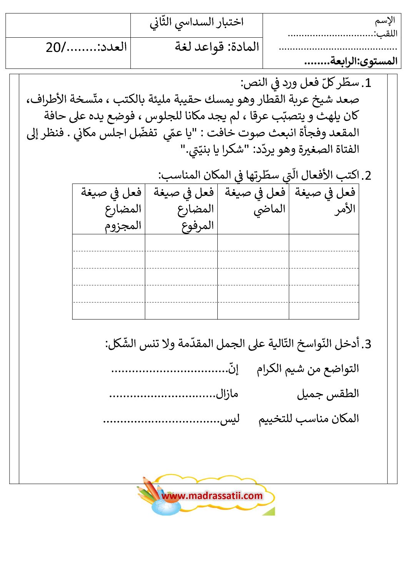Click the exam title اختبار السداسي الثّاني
pos(197,22)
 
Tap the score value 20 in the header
pos(53,47)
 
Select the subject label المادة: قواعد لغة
pos(217,47)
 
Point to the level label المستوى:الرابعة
pos(350,61)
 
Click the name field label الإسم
pos(385,20)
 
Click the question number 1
pos(367,83)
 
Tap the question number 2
pos(367,176)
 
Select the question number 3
pos(367,344)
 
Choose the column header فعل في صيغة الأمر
pos(324,201)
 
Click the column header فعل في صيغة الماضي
pos(254,201)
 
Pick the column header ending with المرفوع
pos(183,209)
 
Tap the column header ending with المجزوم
pos(111,209)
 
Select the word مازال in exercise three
pos(227,394)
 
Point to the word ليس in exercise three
pos(230,419)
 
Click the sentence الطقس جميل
pos(328,394)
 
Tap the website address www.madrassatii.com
pos(212,496)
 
